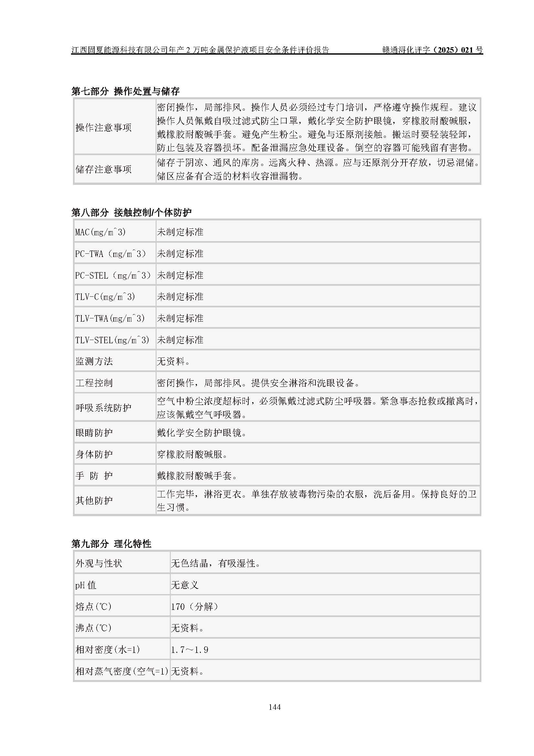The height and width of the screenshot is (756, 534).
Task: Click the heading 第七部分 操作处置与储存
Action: tap(126, 91)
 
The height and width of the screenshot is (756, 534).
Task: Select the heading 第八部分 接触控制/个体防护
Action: tap(131, 212)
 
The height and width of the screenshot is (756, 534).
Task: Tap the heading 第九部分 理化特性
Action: tap(111, 544)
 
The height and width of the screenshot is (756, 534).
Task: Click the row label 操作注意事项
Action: tap(104, 127)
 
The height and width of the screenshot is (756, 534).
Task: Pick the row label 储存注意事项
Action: tap(104, 169)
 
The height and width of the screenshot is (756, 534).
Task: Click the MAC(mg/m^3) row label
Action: tap(100, 232)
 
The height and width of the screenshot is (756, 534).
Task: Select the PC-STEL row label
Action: tap(112, 275)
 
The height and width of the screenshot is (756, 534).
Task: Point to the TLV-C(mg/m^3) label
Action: tap(105, 297)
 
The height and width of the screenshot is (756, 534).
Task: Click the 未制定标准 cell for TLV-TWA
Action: tap(180, 318)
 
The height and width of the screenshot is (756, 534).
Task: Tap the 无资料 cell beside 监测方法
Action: tap(173, 362)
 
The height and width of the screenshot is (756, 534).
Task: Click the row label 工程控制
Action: tap(94, 383)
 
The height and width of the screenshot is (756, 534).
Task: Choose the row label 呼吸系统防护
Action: tap(104, 408)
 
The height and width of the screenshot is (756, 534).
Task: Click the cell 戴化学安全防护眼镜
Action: tap(202, 433)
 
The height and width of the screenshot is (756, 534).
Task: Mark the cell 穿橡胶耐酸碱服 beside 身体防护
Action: tap(192, 454)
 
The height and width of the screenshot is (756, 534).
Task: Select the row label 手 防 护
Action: tap(94, 476)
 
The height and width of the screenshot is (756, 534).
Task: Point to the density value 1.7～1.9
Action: tap(190, 650)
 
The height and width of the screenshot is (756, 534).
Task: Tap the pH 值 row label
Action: tap(86, 585)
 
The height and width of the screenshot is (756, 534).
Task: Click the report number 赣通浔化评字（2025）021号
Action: tap(432, 50)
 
